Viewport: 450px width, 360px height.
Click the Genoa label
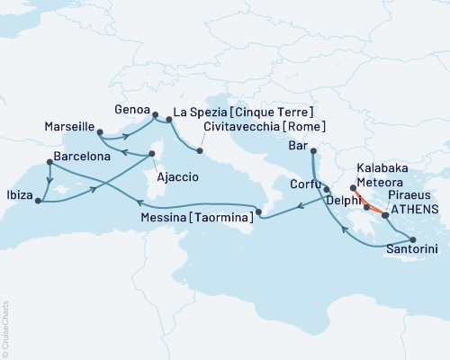(x=131, y=109)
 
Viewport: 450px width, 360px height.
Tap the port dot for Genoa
(x=154, y=115)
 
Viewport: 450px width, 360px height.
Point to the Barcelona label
(x=83, y=156)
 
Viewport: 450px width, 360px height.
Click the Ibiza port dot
(x=38, y=202)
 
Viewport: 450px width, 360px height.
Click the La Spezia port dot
(x=169, y=119)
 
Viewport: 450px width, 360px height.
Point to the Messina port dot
(x=258, y=212)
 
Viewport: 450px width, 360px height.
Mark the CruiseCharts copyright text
(x=4, y=328)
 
